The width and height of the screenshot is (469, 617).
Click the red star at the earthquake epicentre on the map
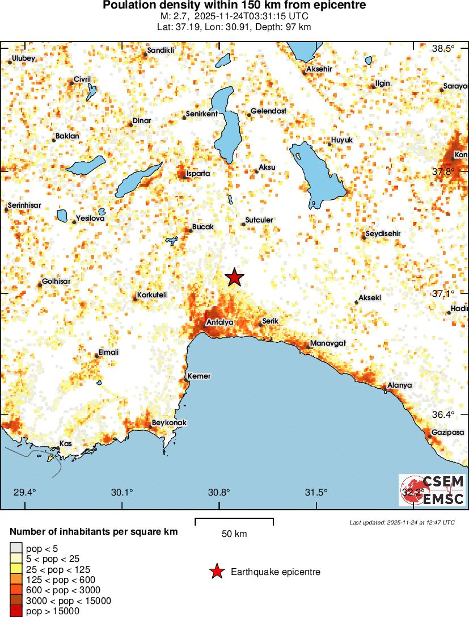pos(234,278)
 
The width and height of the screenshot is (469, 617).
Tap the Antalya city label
pos(220,322)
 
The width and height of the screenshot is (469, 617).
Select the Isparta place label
pos(198,174)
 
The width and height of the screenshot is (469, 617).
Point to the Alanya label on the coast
pos(400,385)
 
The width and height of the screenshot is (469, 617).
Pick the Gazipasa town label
pos(447,433)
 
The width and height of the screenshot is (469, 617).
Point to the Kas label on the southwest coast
pos(66,444)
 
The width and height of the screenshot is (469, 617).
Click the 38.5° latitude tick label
pos(443,49)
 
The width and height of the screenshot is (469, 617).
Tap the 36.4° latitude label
pos(443,415)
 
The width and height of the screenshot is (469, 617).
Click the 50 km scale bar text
pos(234,534)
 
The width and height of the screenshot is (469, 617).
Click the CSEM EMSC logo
pos(432,490)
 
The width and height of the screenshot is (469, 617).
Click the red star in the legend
pos(217,572)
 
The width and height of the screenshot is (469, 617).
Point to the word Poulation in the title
pos(129,6)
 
